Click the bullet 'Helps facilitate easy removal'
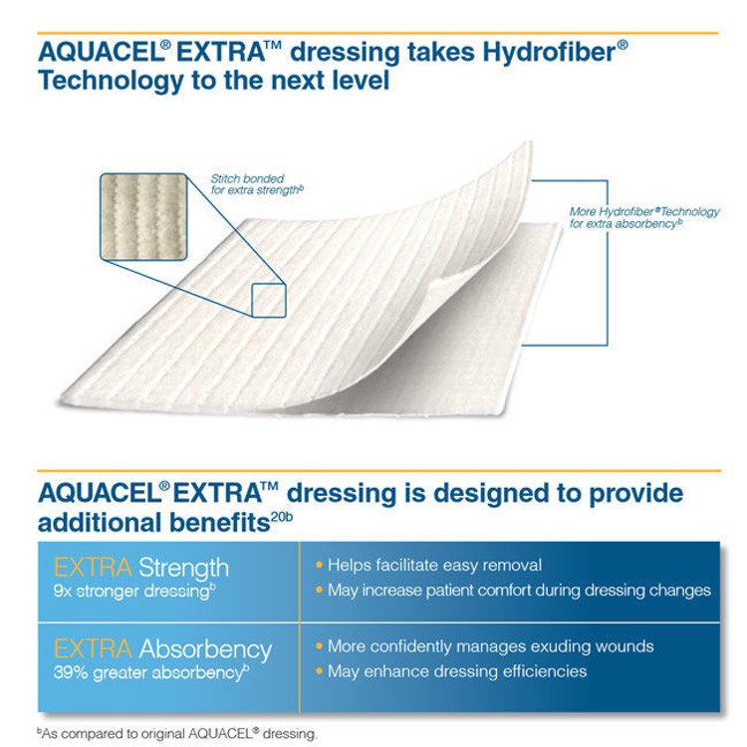click(434, 565)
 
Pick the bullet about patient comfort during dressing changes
click(519, 591)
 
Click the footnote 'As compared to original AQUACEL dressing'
click(180, 734)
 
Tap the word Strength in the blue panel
click(183, 568)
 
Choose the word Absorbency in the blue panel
click(205, 649)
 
